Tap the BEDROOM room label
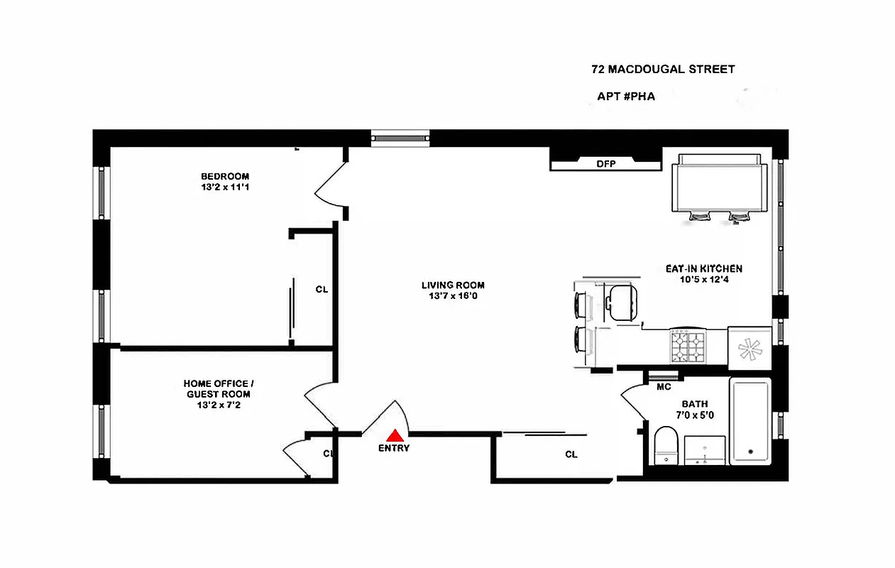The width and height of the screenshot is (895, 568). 225,177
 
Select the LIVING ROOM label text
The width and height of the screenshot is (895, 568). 453,285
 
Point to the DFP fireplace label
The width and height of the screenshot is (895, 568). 605,164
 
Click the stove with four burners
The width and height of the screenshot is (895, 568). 687,348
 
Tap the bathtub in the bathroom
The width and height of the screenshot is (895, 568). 750,422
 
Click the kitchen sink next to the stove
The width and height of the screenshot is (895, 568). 749,349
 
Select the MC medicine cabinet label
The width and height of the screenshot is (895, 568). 664,387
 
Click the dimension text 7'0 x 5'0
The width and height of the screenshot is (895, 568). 693,416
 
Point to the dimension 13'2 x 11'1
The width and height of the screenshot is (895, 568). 225,188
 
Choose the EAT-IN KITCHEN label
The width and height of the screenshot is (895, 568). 703,269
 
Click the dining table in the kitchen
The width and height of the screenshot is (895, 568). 719,185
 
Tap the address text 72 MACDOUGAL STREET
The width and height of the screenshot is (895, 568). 663,70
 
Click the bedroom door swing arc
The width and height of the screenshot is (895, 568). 328,186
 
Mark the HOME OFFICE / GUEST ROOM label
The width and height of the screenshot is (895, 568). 216,388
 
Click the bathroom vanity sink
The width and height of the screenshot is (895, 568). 705,451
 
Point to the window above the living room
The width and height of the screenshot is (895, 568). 400,138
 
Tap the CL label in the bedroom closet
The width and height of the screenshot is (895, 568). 322,290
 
